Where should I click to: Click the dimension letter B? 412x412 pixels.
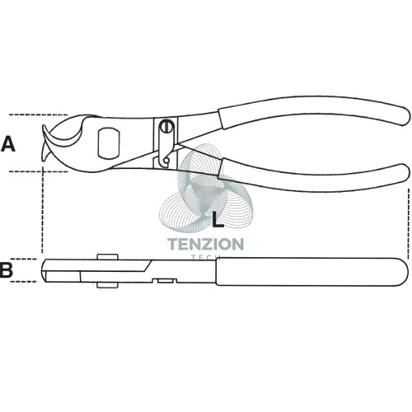pos(7,269)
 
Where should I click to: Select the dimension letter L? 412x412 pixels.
pos(218,220)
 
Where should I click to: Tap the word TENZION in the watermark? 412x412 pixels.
pos(205,244)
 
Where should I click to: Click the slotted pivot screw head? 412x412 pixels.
pos(166,126)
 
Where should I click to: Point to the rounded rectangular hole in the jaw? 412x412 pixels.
pos(109,143)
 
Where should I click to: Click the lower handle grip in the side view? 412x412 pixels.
pos(316,176)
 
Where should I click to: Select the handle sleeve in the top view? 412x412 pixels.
pos(311,272)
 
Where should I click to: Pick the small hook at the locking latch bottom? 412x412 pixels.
pos(166,160)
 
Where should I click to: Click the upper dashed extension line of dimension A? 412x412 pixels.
pos(38,115)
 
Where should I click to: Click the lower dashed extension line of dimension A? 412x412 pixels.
pos(38,171)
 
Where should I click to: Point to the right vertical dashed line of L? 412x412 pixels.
pos(409,224)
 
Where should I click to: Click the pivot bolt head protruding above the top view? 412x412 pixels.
pos(108,256)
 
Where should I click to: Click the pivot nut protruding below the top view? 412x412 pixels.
pos(108,285)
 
